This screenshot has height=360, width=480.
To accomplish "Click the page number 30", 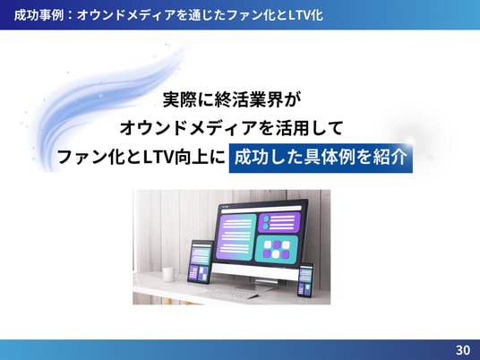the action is click(463, 350).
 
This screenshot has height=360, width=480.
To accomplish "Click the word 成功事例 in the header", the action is click(39, 15).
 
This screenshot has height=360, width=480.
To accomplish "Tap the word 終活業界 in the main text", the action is click(248, 99).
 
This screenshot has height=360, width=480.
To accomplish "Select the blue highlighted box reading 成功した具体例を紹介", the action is click(321, 158).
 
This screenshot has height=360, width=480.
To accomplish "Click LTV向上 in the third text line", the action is click(176, 158).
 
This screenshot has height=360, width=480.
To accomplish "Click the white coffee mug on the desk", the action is click(169, 274).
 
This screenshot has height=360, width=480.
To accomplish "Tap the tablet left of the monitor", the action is click(201, 261).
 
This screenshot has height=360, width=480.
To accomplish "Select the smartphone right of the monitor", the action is click(305, 279).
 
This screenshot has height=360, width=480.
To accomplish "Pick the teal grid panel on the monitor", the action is click(276, 249).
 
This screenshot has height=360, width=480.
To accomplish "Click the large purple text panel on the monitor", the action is click(236, 237).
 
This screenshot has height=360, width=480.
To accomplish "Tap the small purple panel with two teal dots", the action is click(279, 223).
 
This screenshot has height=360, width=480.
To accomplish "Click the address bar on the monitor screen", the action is click(261, 209).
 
